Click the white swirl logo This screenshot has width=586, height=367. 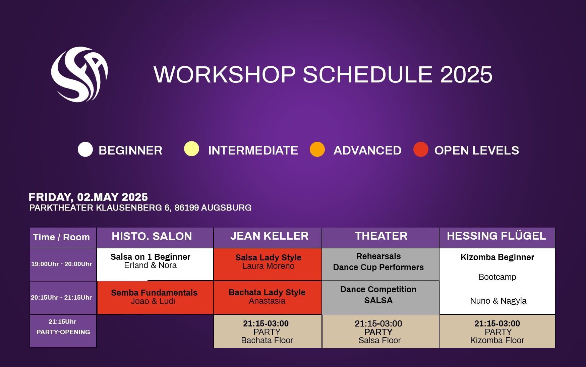coord(79,74)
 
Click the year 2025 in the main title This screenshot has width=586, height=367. coord(466,74)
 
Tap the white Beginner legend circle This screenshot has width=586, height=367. coord(85,149)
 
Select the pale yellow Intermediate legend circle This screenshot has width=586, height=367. coord(191,149)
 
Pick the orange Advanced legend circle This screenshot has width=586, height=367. coord(317,149)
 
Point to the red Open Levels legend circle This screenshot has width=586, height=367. coord(421,149)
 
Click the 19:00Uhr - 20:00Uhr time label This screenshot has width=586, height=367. coord(62,264)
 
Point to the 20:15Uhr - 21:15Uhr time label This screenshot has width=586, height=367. coord(61,298)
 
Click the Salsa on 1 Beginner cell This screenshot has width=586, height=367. coord(155,264)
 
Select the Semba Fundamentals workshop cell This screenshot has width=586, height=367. coord(155,298)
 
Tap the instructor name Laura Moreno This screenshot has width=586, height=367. coord(268,266)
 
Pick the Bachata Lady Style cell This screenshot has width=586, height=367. coord(268,298)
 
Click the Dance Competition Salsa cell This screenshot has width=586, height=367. coord(380,298)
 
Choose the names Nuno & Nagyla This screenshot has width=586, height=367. coord(498,301)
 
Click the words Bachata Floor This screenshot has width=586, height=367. coord(267,341)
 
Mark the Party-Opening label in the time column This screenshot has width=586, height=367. coord(63,332)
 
